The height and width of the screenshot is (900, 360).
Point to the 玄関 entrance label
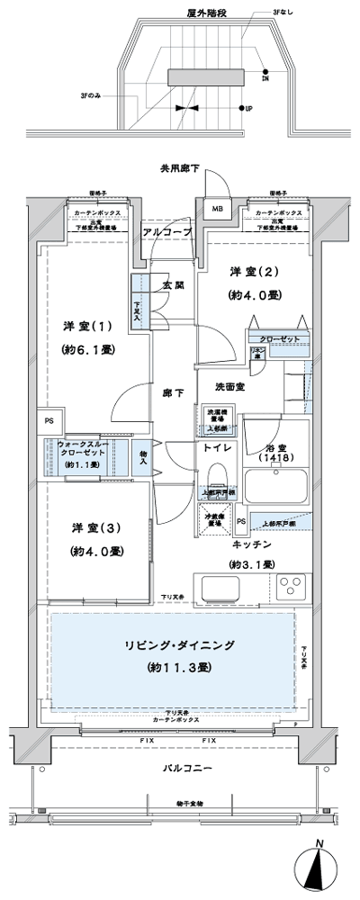coord(173,285)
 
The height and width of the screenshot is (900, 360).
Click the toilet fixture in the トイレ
coord(216,476)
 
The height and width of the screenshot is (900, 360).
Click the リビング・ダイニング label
coord(180,645)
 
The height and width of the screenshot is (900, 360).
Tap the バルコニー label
coord(187,770)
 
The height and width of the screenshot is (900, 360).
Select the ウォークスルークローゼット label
coord(84,446)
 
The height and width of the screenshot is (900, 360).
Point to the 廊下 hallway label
coord(173,393)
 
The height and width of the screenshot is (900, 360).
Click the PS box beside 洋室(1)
coord(49,420)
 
